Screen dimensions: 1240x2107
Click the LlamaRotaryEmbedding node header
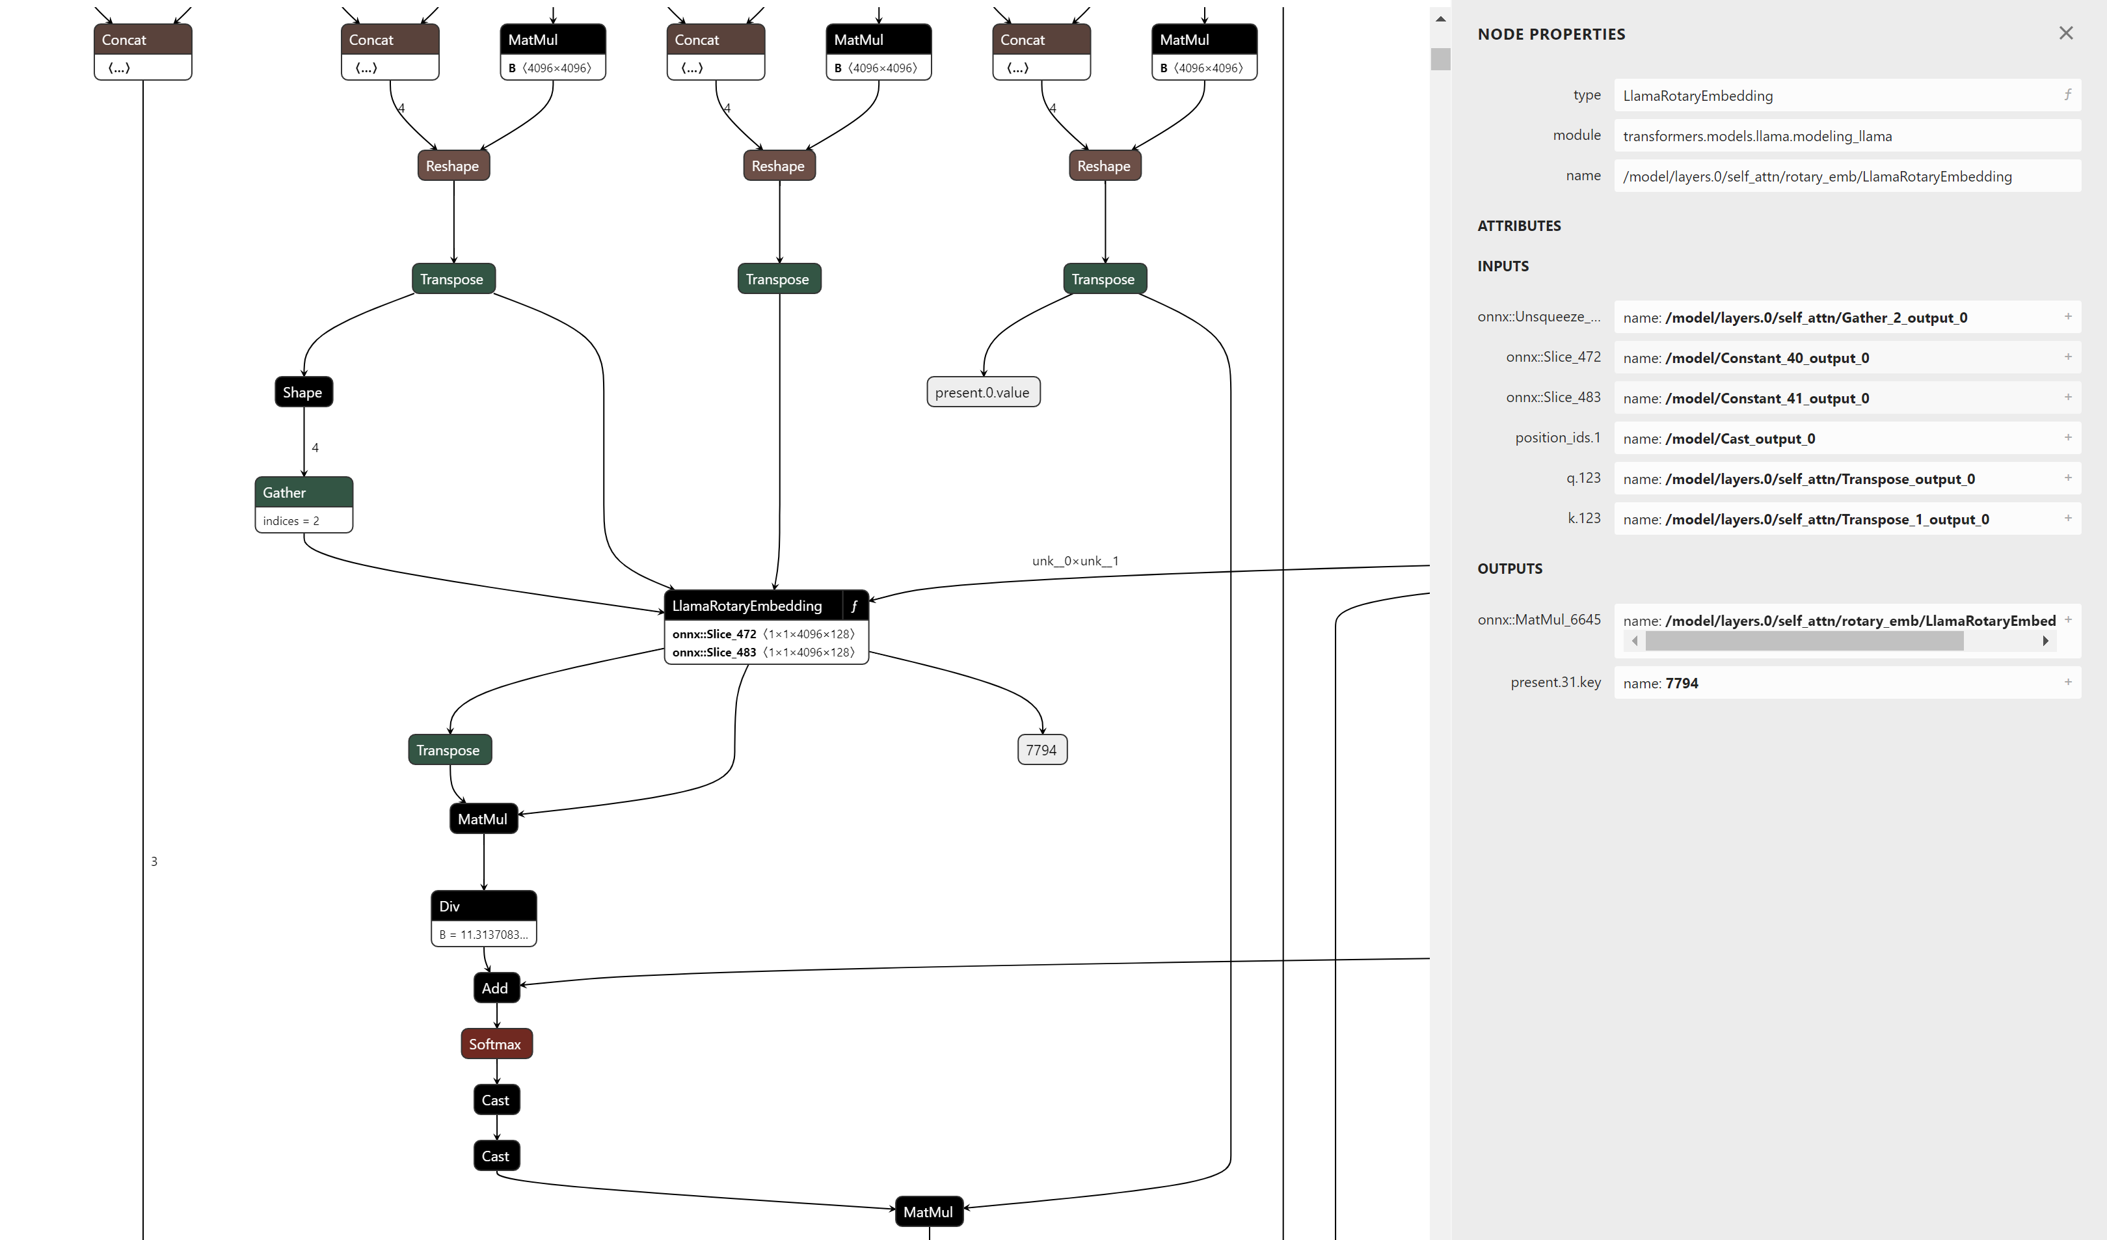(x=747, y=606)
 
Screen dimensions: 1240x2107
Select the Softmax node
(x=496, y=1044)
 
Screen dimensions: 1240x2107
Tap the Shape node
(x=302, y=392)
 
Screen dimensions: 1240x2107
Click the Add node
(x=496, y=988)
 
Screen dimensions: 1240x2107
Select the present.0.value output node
(x=982, y=392)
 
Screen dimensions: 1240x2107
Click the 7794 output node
(x=1041, y=750)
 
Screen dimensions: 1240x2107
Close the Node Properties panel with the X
(x=2065, y=33)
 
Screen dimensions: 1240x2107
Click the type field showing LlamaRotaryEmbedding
(x=1840, y=96)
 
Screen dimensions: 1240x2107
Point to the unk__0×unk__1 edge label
(x=1075, y=561)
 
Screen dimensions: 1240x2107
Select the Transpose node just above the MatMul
(x=449, y=750)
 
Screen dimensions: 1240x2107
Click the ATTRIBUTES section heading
(x=1518, y=226)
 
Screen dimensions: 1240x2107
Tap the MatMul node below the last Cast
(x=928, y=1211)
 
